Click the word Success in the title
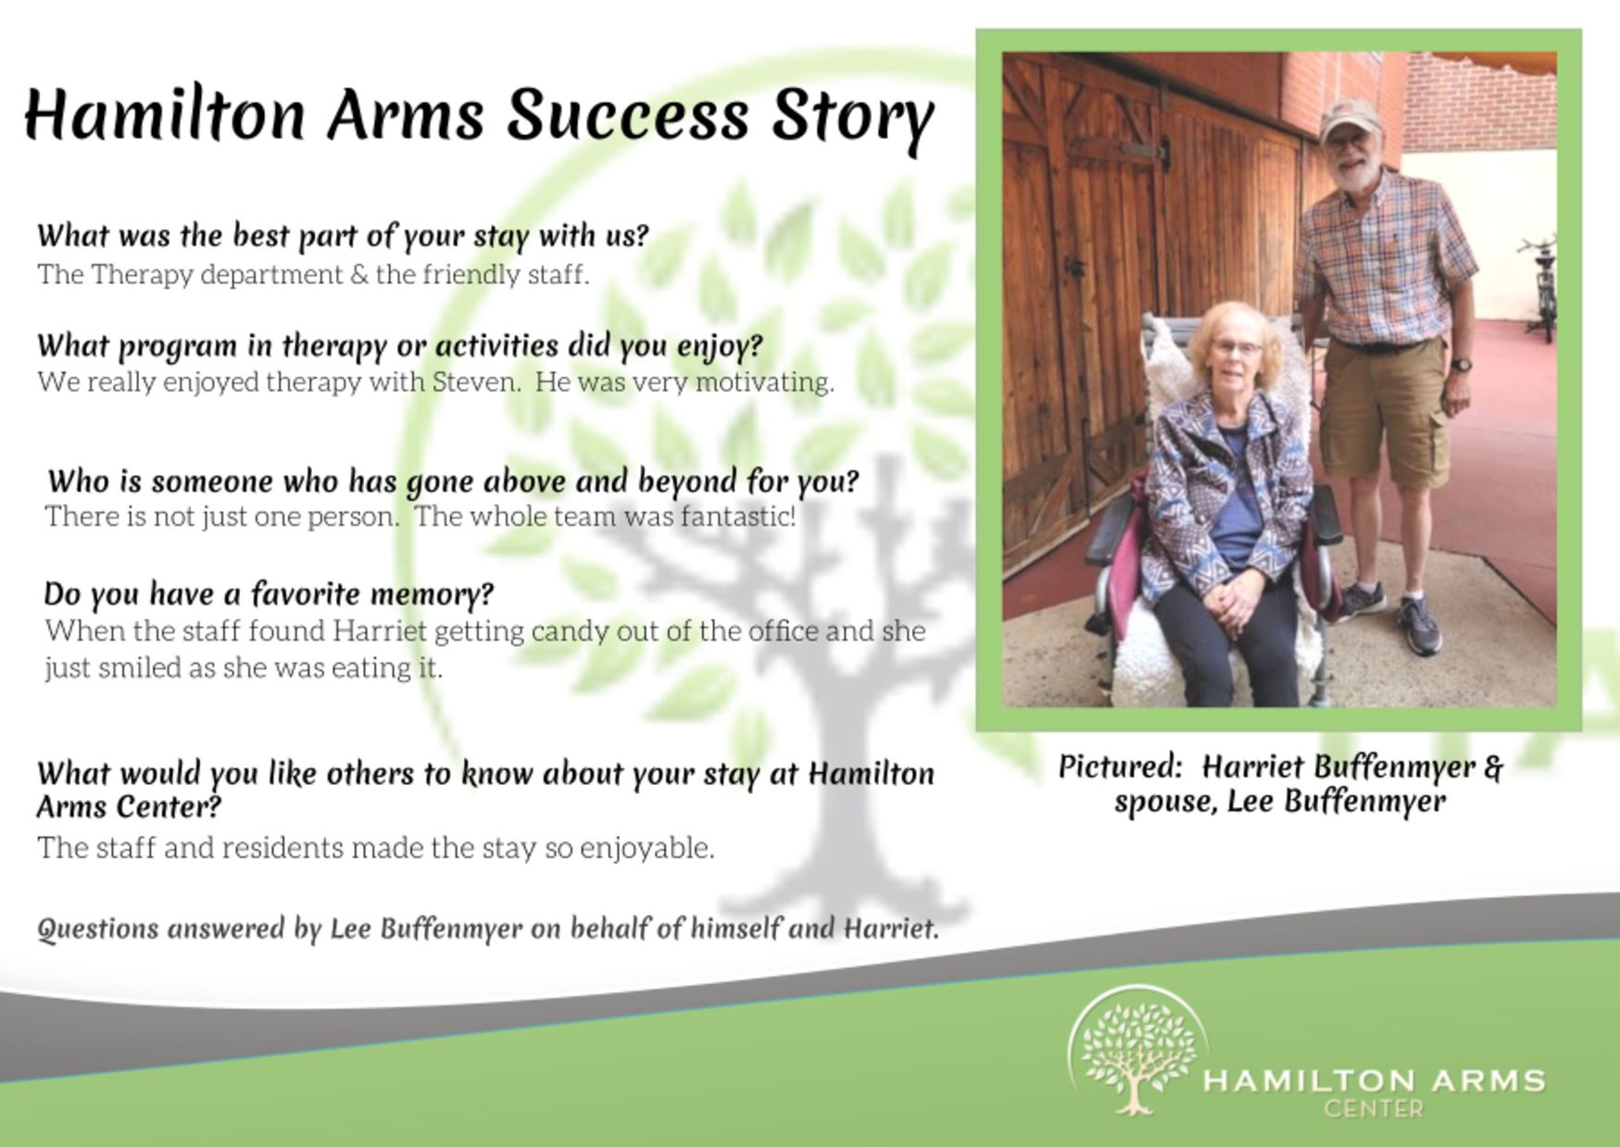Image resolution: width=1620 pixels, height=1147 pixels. tap(627, 116)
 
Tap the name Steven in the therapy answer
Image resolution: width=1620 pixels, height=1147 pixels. tap(475, 381)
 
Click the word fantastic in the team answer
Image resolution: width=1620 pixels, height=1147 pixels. tap(738, 516)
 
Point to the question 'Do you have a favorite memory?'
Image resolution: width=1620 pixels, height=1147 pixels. tap(269, 593)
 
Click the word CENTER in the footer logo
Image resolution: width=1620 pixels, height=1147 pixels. tap(1373, 1108)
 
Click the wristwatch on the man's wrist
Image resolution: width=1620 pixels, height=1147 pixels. tap(1461, 365)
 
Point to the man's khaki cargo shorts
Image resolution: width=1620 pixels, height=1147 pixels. tap(1383, 412)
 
